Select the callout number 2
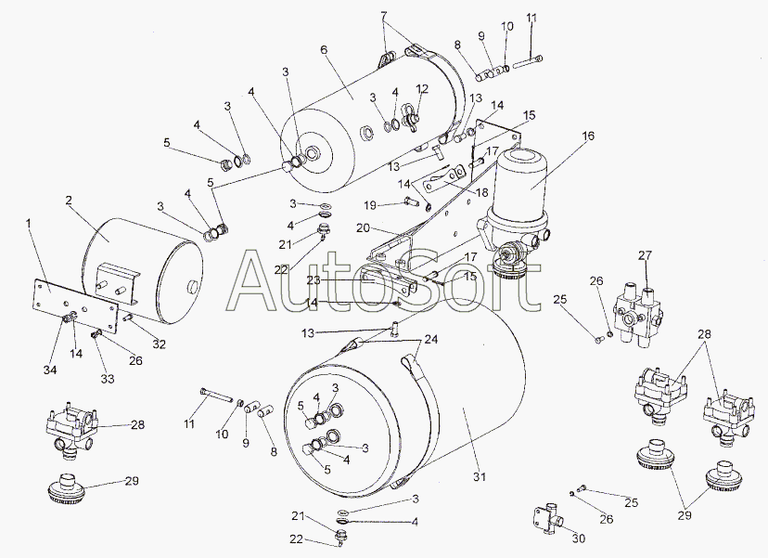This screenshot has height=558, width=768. coord(69,200)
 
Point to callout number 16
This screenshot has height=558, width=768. coord(587,136)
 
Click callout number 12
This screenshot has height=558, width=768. coord(422,89)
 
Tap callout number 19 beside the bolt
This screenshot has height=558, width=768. coord(369,204)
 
